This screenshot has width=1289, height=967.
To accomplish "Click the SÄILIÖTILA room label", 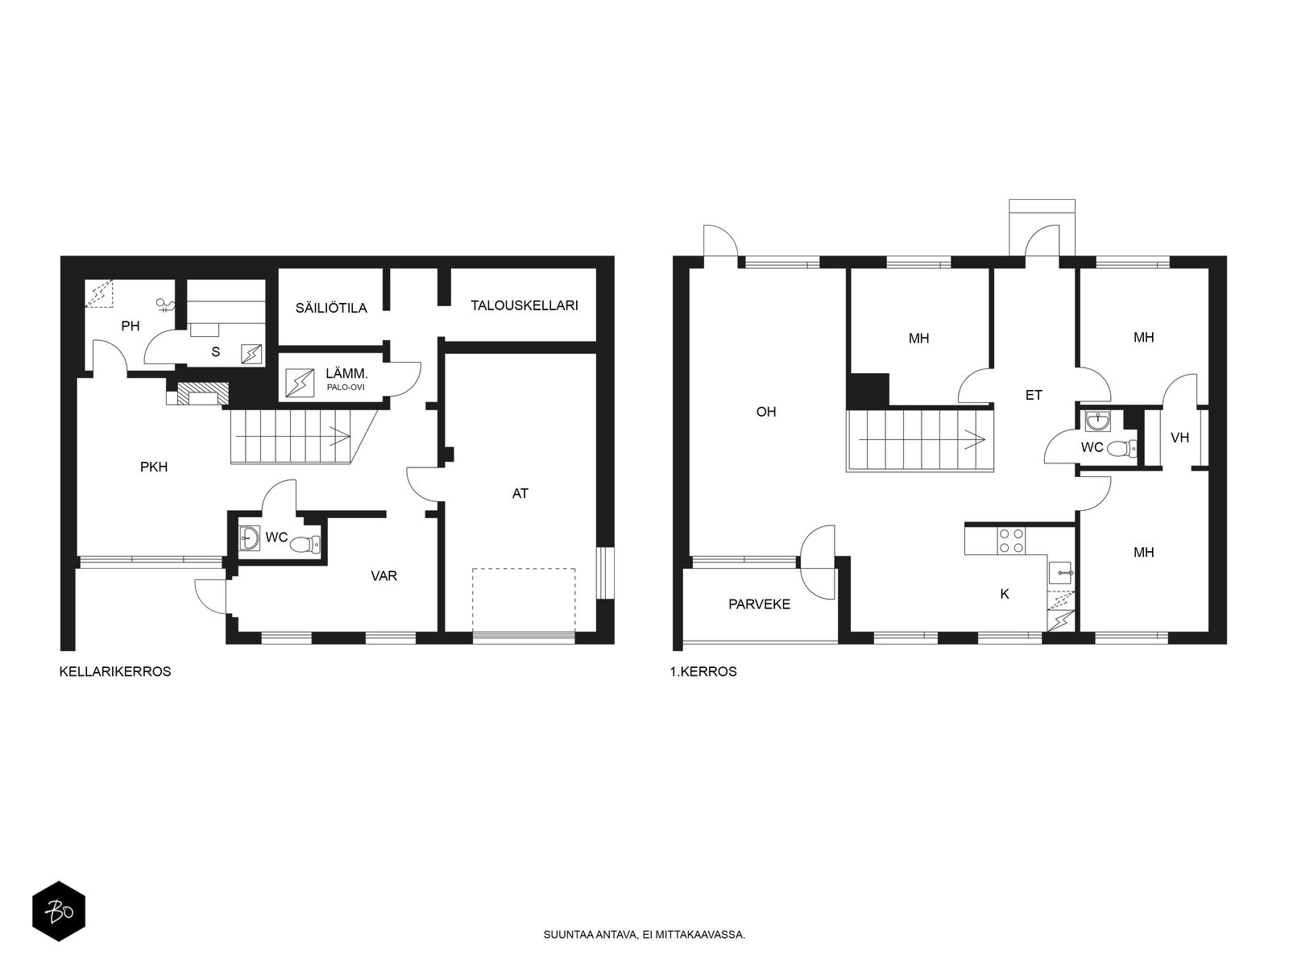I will (331, 308).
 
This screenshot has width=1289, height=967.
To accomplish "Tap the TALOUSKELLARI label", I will (524, 305).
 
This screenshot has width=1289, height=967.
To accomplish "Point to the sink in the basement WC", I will (249, 538).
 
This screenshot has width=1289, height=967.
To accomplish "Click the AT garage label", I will (520, 493).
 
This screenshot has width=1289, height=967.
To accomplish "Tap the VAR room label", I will (383, 576).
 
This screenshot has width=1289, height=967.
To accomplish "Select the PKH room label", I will (154, 466).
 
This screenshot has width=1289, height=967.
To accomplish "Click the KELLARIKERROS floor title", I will (115, 671).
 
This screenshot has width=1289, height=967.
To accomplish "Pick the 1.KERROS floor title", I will (703, 671).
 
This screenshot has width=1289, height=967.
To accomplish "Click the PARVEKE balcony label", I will (759, 604).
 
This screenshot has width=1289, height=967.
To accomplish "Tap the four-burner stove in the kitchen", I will (1012, 540).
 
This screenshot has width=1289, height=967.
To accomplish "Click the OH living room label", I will (765, 412).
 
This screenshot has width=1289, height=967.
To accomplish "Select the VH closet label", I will (1179, 438).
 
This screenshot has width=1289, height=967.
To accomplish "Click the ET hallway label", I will (1034, 395).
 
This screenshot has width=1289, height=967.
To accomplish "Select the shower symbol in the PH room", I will (167, 305).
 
